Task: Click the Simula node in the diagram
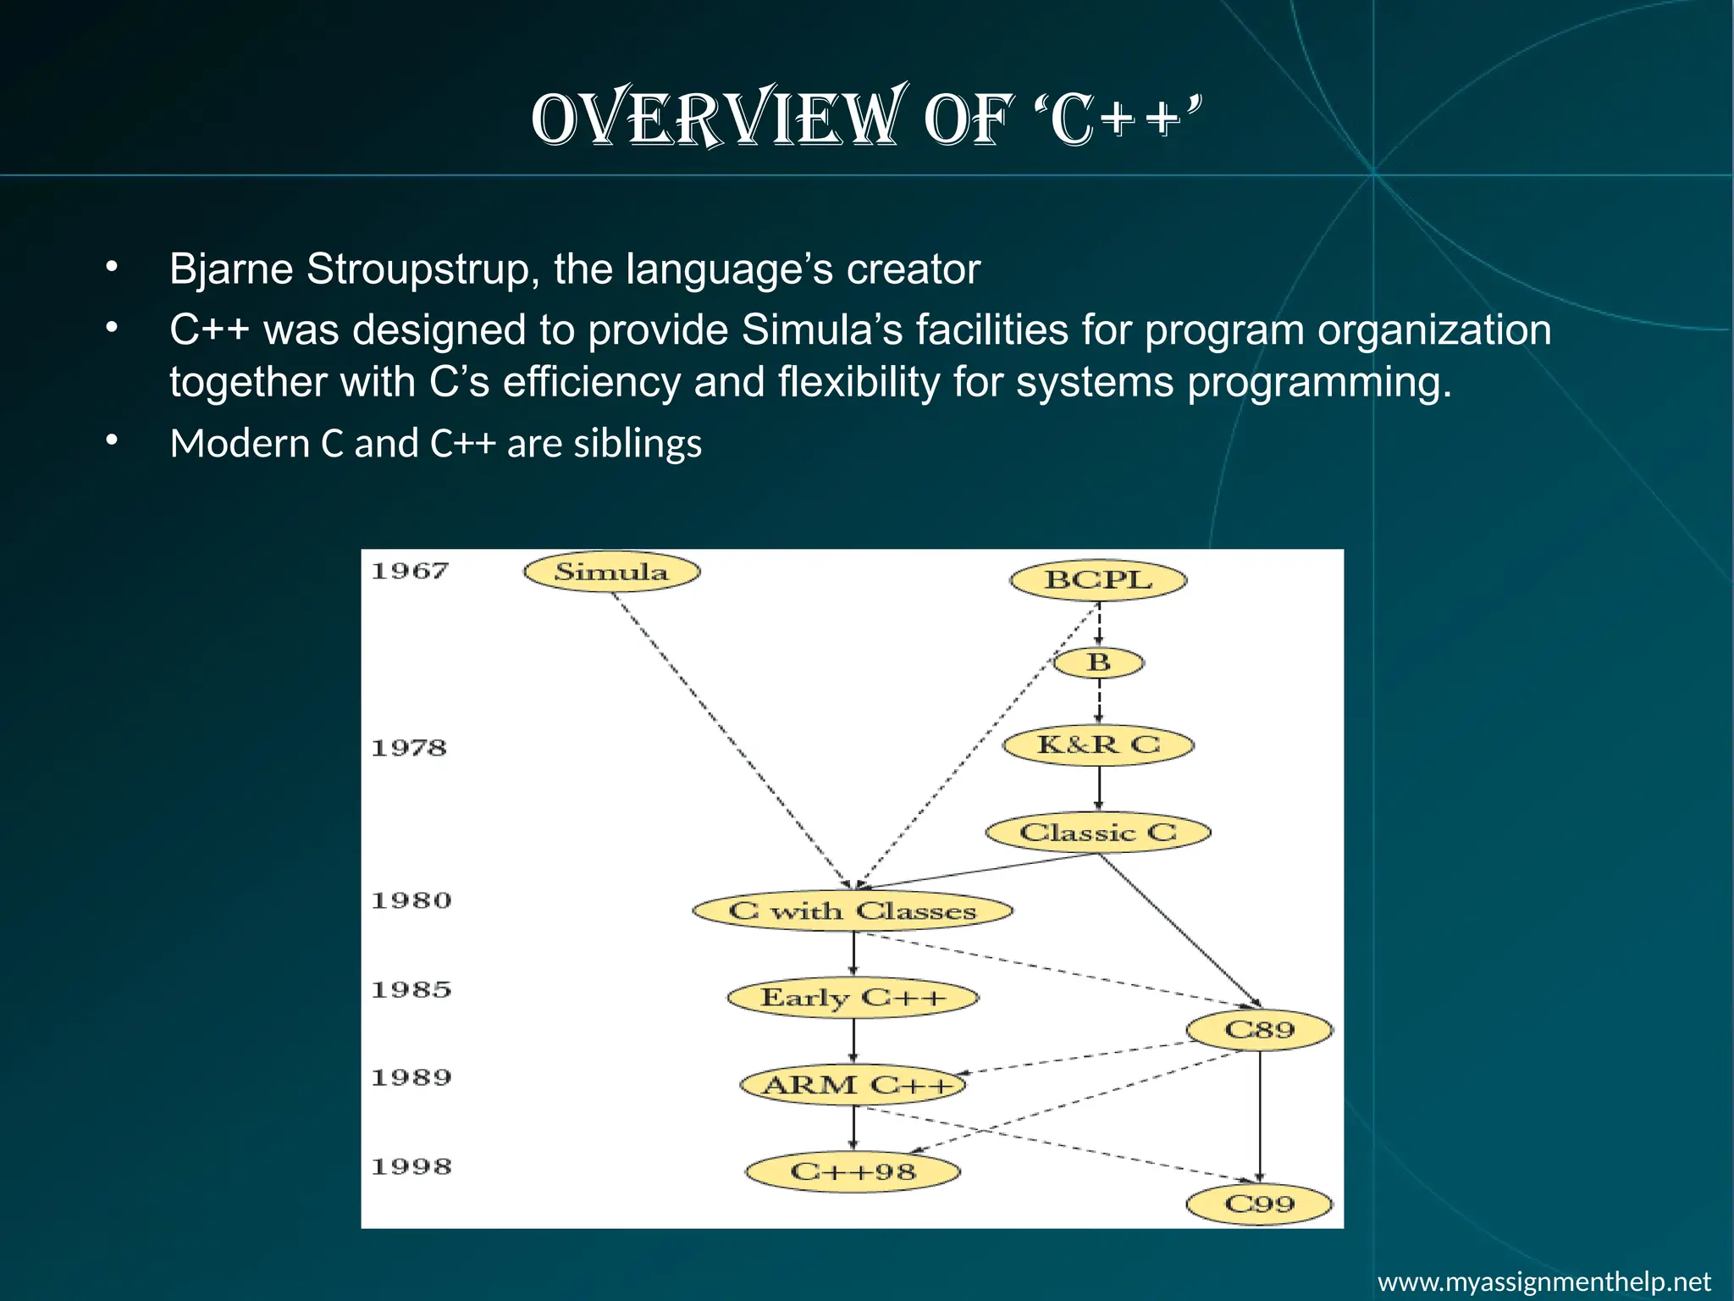611,572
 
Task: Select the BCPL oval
1098,580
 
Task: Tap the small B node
1098,662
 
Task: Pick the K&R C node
1098,745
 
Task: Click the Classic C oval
1098,833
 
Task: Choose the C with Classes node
853,911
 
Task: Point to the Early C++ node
853,998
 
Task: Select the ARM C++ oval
853,1085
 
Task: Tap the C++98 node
853,1172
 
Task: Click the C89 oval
1259,1030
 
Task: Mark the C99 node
1259,1204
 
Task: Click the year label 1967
410,571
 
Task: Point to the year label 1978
409,748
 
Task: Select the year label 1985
411,989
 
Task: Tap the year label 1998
411,1166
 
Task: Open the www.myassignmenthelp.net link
1544,1281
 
